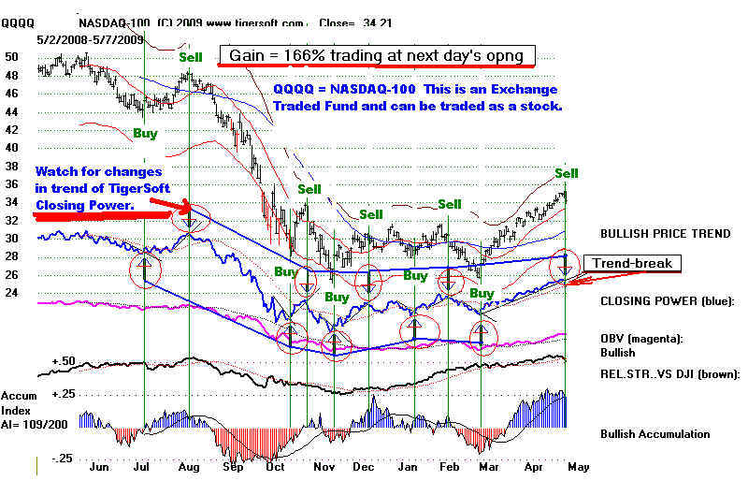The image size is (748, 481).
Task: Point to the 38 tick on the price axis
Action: (13, 166)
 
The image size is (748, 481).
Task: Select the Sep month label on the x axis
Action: (232, 466)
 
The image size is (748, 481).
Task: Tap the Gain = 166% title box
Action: (376, 56)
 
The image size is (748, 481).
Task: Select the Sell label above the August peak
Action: (191, 57)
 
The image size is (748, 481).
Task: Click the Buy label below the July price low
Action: (145, 133)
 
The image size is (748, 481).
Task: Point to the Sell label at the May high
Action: (567, 173)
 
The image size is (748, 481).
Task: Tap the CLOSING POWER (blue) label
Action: (668, 301)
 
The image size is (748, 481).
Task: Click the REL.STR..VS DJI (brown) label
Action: (669, 373)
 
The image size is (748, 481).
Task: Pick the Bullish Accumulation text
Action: (654, 433)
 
